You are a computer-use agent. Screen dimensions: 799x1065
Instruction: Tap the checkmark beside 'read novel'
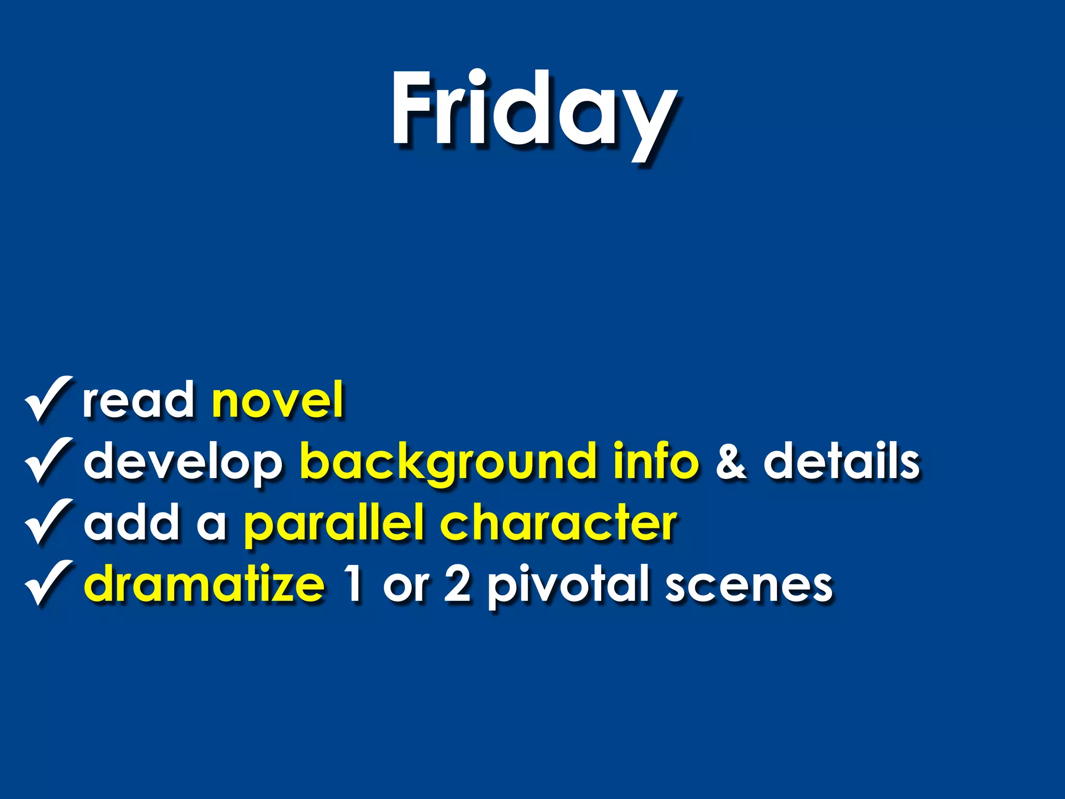[48, 399]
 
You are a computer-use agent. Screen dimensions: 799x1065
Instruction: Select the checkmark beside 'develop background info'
[48, 460]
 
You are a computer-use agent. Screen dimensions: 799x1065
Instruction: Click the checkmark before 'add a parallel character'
[48, 522]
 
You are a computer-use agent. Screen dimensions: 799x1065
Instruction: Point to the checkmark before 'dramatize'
[48, 583]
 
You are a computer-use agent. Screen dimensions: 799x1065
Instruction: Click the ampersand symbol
[731, 462]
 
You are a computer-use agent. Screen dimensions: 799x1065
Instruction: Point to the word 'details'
[841, 461]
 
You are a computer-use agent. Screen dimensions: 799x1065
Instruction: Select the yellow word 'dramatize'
[204, 584]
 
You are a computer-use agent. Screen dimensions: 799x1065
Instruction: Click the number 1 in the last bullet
[354, 584]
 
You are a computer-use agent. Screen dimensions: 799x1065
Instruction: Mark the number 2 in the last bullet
[458, 584]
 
